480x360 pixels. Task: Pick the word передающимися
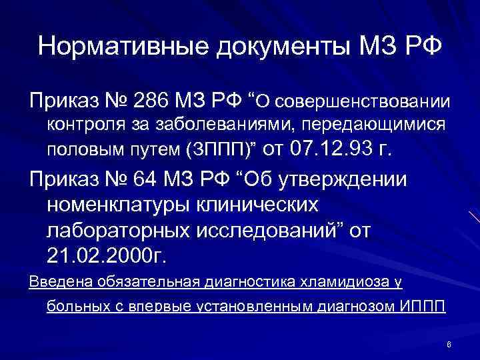click(360, 125)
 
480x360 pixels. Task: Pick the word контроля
click(77, 125)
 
